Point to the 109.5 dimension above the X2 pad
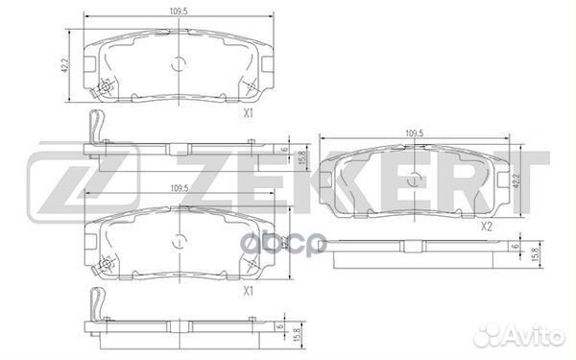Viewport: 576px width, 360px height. [415, 133]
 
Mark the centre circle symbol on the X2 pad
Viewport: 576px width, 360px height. [415, 179]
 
